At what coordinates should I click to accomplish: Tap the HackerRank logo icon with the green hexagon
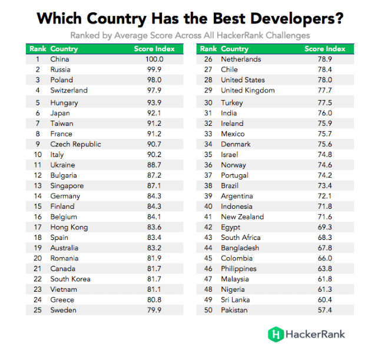(x=275, y=334)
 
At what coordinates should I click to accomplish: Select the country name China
(x=59, y=59)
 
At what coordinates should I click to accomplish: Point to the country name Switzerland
(x=69, y=91)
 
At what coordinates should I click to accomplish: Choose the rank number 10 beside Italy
(x=37, y=155)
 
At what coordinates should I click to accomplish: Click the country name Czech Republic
(x=75, y=144)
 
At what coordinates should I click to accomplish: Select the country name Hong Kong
(x=69, y=227)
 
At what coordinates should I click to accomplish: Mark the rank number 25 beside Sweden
(x=37, y=310)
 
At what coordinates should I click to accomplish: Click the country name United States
(x=243, y=80)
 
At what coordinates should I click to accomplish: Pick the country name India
(x=229, y=114)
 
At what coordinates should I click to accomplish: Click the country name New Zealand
(x=242, y=217)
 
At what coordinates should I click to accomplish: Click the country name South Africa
(x=240, y=238)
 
